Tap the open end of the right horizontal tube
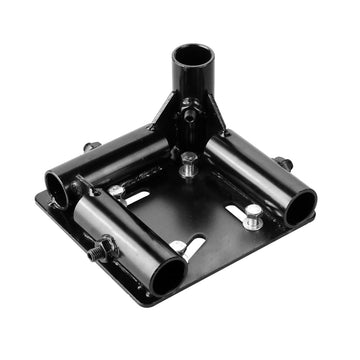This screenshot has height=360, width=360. click(301, 207)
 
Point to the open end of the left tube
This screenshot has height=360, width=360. click(58, 188)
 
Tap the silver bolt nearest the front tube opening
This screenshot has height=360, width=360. click(178, 246)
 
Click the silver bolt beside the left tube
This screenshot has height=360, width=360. click(117, 189)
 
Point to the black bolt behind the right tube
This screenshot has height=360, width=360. click(284, 162)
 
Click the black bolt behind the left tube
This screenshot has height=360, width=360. click(91, 147)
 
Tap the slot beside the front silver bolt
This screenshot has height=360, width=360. click(193, 244)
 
